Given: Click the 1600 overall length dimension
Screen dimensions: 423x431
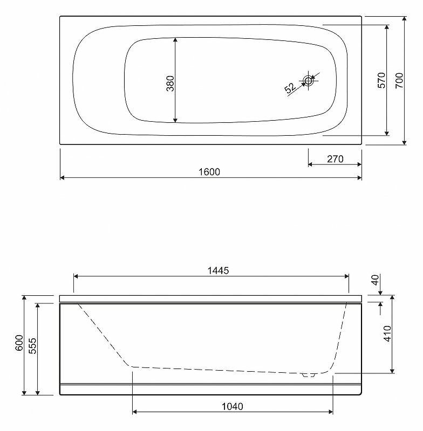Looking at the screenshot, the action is (x=209, y=172).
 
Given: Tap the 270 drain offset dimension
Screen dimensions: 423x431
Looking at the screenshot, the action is (x=335, y=159).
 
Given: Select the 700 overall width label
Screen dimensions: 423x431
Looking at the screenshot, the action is (x=399, y=80).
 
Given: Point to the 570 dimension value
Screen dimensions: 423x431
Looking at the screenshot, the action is (x=381, y=80).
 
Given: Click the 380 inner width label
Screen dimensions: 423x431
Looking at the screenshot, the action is (x=170, y=84).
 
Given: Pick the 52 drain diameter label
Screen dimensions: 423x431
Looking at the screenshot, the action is (x=290, y=88).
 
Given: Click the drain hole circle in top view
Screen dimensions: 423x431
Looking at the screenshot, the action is (x=308, y=80).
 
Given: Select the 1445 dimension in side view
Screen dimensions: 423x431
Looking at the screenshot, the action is (x=218, y=270).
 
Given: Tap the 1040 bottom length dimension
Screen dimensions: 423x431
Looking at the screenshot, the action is (x=233, y=406).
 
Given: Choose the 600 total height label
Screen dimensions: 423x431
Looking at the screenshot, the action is (x=19, y=343).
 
